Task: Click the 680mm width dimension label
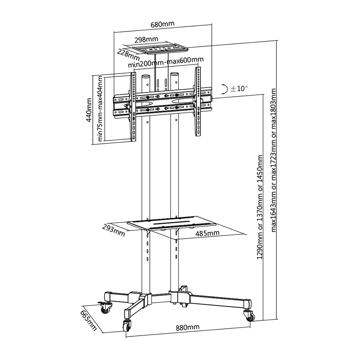click(162, 24)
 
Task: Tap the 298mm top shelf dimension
click(146, 40)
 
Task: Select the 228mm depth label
click(128, 55)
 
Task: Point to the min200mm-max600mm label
click(166, 62)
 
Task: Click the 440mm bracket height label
click(89, 110)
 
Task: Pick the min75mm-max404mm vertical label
click(100, 108)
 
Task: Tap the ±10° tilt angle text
click(239, 88)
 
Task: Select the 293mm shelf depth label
click(114, 230)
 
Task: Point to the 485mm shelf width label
click(207, 233)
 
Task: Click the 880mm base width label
click(188, 327)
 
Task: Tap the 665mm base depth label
click(88, 321)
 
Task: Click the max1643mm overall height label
click(274, 160)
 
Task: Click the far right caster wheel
click(250, 316)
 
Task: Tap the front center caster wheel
click(127, 326)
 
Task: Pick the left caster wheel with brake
click(105, 307)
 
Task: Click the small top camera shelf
click(160, 49)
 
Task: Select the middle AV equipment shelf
click(172, 223)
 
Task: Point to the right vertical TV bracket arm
click(198, 101)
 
